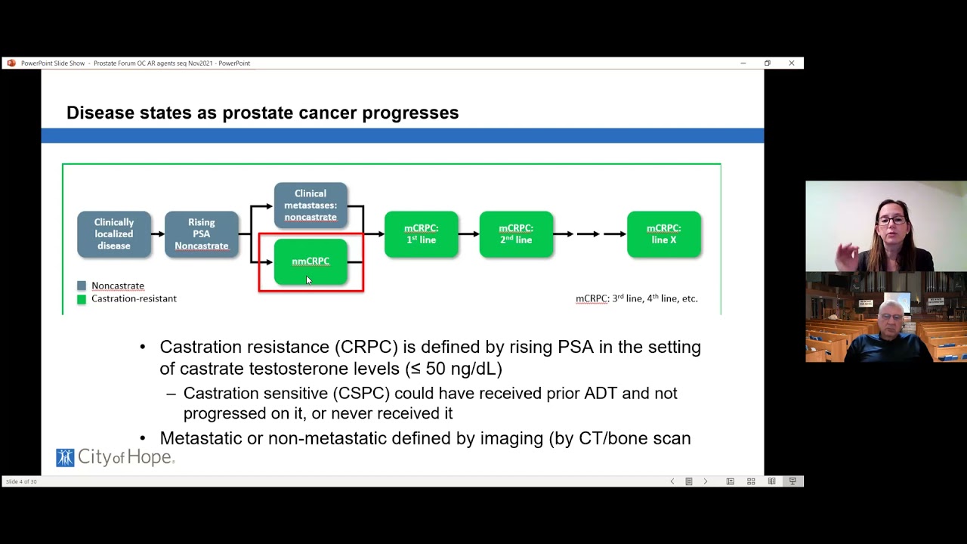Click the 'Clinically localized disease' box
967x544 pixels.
(x=114, y=234)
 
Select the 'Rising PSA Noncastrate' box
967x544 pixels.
(x=202, y=234)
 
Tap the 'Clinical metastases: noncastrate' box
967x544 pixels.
(x=310, y=205)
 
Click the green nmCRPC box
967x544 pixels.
(x=310, y=261)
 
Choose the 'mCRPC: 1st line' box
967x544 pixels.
(x=421, y=234)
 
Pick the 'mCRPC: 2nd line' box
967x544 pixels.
(x=516, y=234)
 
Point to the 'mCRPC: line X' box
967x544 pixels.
(x=663, y=234)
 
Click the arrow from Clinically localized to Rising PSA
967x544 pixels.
(x=157, y=234)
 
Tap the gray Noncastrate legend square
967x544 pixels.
(x=82, y=286)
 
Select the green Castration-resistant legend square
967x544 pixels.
(x=82, y=299)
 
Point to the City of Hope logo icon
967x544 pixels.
(x=65, y=457)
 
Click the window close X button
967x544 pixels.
(x=791, y=63)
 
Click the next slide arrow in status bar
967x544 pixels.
(x=706, y=481)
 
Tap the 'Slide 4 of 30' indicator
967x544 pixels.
(x=21, y=481)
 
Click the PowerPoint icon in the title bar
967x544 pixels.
(x=11, y=63)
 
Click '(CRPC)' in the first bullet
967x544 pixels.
(x=366, y=348)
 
